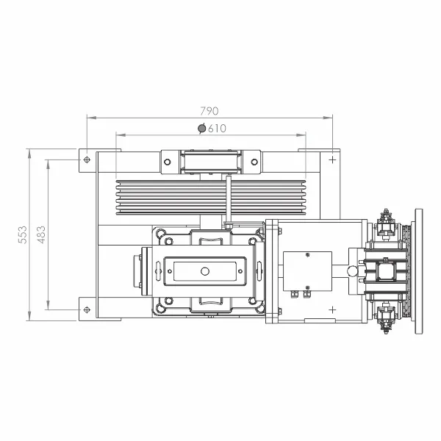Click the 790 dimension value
click(209, 111)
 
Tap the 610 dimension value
click(217, 129)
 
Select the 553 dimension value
click(23, 234)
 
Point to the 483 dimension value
click(41, 234)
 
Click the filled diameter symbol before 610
click(202, 129)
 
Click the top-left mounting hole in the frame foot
click(87, 159)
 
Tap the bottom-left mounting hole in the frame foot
click(87, 309)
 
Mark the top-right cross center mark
click(332, 159)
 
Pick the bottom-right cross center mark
click(332, 309)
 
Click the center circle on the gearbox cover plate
click(205, 271)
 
